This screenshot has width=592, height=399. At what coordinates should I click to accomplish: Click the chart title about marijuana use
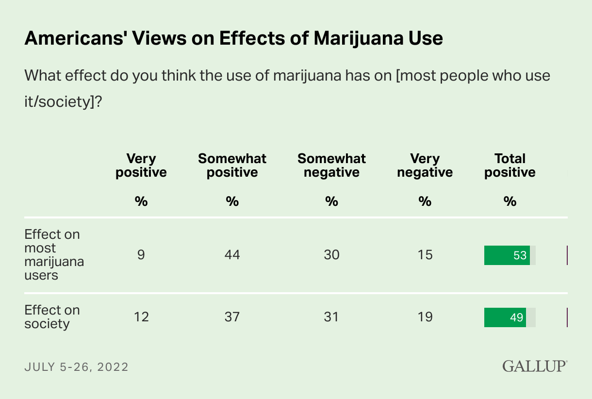coord(233,38)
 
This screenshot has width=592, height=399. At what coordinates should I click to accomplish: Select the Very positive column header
coord(141,166)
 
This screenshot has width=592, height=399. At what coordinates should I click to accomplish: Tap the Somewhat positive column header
coord(232,166)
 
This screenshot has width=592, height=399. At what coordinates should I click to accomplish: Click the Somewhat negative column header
coord(331,166)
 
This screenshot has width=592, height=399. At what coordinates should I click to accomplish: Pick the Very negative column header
coord(425,166)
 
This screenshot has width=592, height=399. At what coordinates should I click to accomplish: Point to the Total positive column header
coord(510,166)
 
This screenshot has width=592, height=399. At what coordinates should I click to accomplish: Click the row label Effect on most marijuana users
coord(54,255)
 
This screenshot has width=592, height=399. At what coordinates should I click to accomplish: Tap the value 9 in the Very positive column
coord(141,255)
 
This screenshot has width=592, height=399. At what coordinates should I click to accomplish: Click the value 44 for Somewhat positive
coord(232,255)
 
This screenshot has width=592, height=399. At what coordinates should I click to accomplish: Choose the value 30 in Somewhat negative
coord(331,255)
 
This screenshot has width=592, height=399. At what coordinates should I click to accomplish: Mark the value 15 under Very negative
coord(425,255)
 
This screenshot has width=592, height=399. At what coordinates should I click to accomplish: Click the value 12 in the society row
coord(141,317)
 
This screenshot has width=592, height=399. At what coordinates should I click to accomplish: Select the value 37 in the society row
coord(232,317)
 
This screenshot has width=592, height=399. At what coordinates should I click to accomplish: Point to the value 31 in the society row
coord(331,317)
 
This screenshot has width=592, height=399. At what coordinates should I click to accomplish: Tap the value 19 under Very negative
coord(425,317)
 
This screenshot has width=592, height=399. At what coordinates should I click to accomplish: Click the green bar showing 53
coord(507,255)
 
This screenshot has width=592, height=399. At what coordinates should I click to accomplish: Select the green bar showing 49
coord(505,317)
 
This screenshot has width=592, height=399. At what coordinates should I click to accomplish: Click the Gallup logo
coord(534,366)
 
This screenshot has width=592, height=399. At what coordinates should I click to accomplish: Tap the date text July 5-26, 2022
coord(76,367)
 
